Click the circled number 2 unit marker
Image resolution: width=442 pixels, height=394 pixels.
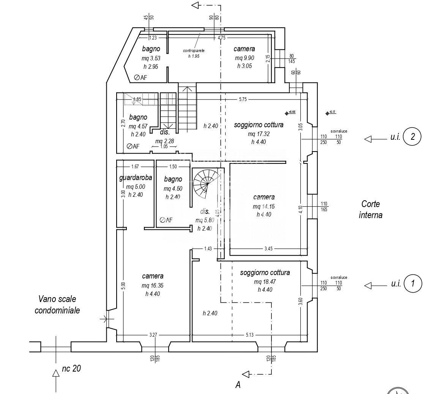click(412, 137)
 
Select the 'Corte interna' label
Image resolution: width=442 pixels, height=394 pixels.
click(371, 209)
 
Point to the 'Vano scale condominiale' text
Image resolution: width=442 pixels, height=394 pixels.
click(57, 305)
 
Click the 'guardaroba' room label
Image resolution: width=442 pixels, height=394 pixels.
click(136, 177)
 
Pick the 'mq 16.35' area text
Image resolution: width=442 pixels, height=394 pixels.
click(153, 285)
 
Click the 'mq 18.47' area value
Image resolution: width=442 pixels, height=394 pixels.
click(265, 282)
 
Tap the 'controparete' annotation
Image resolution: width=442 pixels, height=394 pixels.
click(194, 51)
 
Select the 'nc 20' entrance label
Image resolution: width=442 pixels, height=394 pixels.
click(71, 368)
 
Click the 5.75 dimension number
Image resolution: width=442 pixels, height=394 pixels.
click(243, 99)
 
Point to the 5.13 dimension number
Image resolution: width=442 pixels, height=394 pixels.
click(249, 335)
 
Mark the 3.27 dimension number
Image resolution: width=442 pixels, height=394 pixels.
click(153, 335)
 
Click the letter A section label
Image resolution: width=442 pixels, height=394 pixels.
click(238, 385)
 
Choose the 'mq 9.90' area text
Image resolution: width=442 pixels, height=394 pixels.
click(244, 58)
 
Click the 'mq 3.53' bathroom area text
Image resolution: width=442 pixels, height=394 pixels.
click(151, 58)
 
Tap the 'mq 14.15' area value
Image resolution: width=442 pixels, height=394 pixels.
click(264, 206)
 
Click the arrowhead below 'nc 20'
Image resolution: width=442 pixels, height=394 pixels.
click(56, 373)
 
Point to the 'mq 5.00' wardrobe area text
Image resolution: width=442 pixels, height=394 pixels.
click(136, 187)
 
